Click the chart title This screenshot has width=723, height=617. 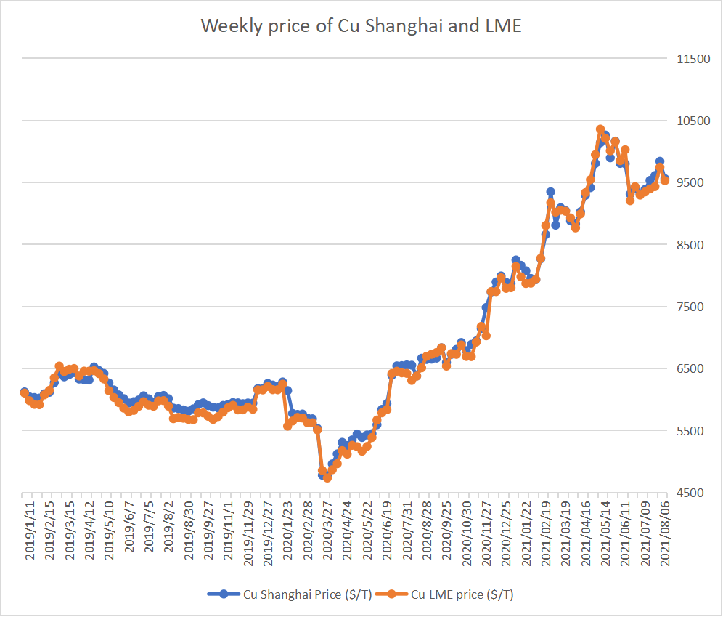(361, 27)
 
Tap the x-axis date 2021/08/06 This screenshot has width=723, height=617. (663, 528)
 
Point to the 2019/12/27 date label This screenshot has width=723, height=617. (268, 528)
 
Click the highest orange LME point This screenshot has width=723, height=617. (600, 129)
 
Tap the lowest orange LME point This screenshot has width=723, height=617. (327, 477)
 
